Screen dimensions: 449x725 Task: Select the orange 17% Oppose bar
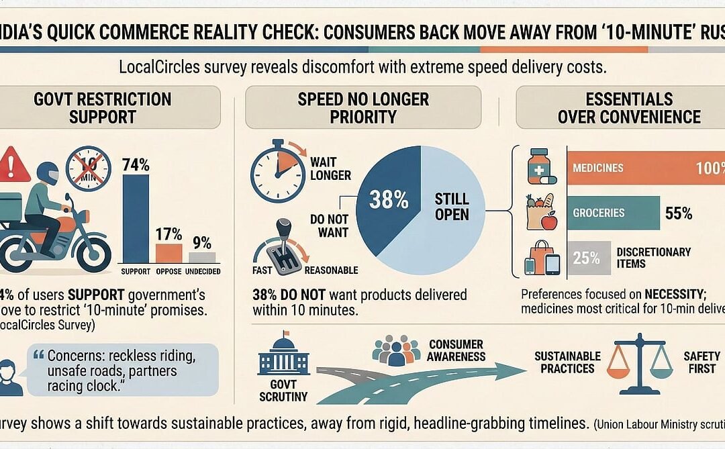[x=169, y=253]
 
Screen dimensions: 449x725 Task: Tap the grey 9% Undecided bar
[x=201, y=257]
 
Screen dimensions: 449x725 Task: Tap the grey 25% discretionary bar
[x=589, y=258]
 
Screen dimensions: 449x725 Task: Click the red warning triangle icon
[x=15, y=164]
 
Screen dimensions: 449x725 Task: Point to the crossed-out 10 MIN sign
[x=89, y=168]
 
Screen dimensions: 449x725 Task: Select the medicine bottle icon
[x=540, y=166]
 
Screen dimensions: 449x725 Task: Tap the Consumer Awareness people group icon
[x=396, y=350]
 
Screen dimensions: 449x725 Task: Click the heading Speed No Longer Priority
[x=363, y=107]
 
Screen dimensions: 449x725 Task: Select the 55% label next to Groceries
[x=679, y=213]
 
